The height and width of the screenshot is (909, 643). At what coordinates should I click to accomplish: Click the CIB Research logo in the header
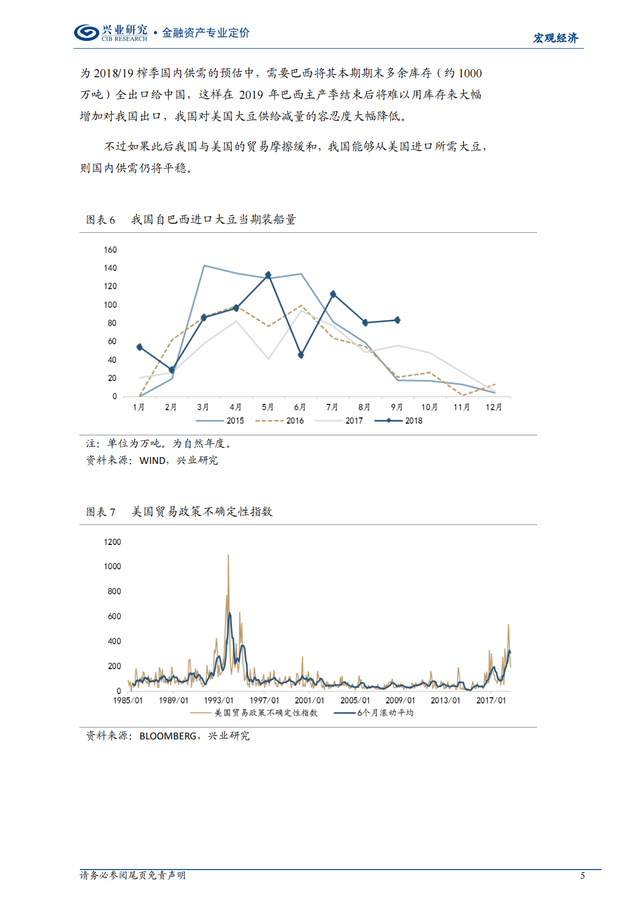coord(110,33)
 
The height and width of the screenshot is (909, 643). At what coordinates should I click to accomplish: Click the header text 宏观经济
coord(555,38)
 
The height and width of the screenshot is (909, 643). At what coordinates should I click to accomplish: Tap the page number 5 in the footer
coord(582,876)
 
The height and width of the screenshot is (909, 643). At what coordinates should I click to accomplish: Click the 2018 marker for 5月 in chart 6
coord(268,275)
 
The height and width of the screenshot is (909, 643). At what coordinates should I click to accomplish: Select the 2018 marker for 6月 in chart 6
coord(300,355)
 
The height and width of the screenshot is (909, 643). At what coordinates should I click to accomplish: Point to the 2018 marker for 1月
coord(139,347)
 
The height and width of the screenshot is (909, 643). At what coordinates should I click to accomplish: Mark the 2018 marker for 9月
coord(397,320)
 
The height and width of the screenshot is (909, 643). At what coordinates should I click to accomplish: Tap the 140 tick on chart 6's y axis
coord(110,268)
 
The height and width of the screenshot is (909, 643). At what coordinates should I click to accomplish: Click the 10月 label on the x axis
coord(429,407)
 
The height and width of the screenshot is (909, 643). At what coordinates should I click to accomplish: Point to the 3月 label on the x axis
coord(203,407)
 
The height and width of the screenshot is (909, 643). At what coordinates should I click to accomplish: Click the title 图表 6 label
coord(101,220)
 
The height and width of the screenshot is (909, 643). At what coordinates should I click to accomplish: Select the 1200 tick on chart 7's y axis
coord(112,542)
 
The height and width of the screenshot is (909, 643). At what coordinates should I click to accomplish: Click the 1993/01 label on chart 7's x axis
coord(219,701)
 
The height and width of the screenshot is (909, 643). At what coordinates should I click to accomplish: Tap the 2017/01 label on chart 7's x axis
coord(491,701)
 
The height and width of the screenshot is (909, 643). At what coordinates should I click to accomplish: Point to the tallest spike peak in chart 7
coord(228,555)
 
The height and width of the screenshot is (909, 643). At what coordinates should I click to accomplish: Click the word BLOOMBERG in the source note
coord(168,736)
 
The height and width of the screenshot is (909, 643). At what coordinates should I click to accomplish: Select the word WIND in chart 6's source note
coord(152,460)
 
